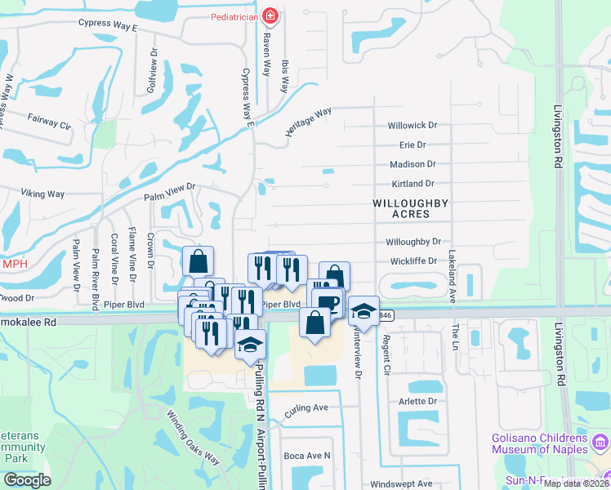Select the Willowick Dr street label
tap(413, 126)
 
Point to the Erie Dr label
tap(413, 145)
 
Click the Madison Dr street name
tap(413, 164)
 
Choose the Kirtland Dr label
tap(413, 184)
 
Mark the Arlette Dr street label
tap(419, 402)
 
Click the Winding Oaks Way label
tap(193, 436)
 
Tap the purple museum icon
tap(601, 445)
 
